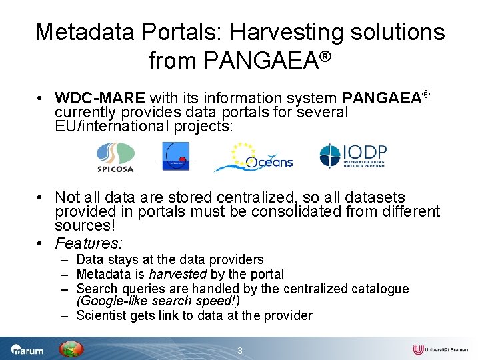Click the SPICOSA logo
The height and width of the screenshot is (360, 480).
[116, 157]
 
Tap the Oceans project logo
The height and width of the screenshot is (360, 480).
[253, 157]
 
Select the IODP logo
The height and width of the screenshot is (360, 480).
[353, 156]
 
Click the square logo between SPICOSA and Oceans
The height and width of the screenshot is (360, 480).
[173, 157]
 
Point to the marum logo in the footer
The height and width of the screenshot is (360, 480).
[27, 349]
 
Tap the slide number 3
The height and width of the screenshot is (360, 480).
[240, 350]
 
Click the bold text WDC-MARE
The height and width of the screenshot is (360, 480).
[101, 99]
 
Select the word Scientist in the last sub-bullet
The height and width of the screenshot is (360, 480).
[103, 315]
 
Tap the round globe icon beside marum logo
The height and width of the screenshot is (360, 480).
[71, 349]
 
